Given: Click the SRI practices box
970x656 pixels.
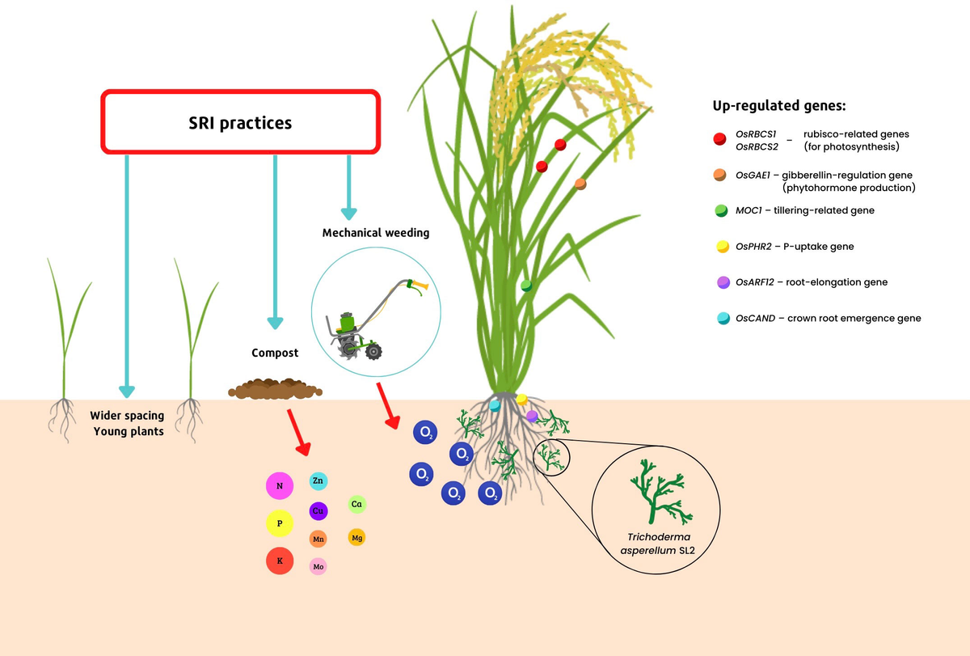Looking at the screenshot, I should click(x=239, y=122).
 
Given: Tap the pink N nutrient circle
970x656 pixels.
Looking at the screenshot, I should click(x=279, y=486).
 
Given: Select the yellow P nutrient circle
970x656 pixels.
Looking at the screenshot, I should click(x=279, y=523).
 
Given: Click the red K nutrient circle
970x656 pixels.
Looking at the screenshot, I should click(x=279, y=561).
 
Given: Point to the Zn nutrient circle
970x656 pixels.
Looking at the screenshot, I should click(x=318, y=481).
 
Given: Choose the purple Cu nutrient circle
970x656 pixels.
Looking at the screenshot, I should click(x=318, y=511).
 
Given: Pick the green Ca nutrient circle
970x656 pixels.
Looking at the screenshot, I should click(x=356, y=504).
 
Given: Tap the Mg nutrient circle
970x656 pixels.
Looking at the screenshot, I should click(x=356, y=537).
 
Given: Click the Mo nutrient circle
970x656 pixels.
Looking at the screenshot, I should click(x=318, y=567).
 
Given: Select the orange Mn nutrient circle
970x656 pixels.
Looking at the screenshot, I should click(x=318, y=539).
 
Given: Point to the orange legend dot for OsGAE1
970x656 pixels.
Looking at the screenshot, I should click(x=719, y=175).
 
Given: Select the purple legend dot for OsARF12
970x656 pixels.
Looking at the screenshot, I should click(x=719, y=282).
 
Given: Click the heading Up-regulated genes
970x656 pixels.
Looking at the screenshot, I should click(x=778, y=106).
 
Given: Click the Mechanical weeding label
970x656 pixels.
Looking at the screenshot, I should click(x=376, y=233).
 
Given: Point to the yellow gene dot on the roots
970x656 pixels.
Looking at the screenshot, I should click(x=521, y=399).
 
